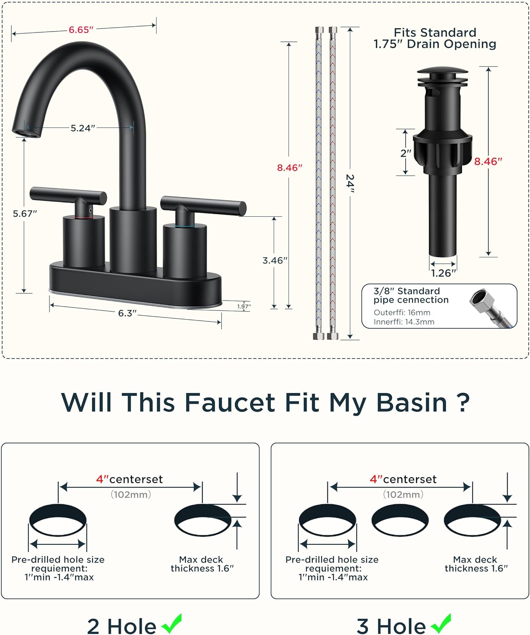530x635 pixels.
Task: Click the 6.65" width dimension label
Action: click(81, 30)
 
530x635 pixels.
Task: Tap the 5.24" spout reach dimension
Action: click(82, 128)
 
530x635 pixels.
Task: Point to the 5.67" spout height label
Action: click(25, 214)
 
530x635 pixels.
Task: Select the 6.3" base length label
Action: click(127, 313)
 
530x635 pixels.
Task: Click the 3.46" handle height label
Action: click(275, 260)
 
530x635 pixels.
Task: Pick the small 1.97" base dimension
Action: click(244, 306)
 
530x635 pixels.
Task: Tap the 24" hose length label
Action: click(350, 183)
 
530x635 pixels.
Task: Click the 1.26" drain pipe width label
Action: click(443, 273)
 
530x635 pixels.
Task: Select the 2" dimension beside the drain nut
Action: click(406, 153)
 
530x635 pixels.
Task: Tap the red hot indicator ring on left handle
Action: click(83, 217)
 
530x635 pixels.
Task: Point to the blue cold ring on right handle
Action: click(184, 226)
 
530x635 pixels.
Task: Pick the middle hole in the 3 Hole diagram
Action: click(400, 520)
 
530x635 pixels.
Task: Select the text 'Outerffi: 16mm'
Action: click(402, 312)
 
